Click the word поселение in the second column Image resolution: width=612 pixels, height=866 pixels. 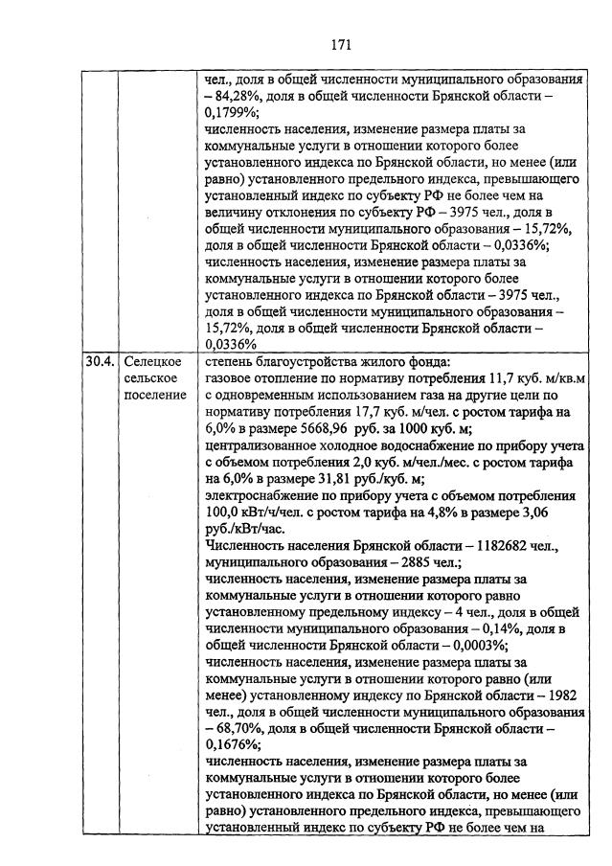[x=154, y=396]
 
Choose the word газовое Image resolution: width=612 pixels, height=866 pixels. [x=228, y=379]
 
